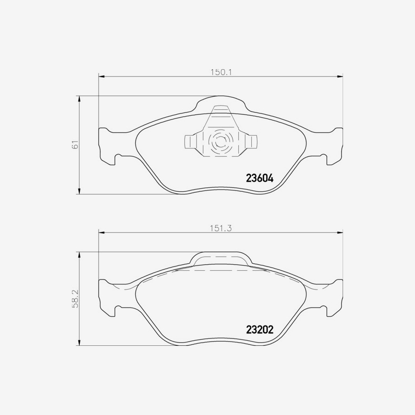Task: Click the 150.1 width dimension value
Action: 220,72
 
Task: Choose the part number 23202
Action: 260,330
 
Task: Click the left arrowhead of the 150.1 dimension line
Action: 101,77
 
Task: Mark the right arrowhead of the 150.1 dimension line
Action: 340,77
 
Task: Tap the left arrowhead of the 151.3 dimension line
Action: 101,233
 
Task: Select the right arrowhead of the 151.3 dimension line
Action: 340,233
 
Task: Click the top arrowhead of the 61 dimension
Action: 80,99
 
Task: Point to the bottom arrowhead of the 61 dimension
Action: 80,191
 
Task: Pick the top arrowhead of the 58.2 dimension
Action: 80,255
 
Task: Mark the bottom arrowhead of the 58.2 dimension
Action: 80,343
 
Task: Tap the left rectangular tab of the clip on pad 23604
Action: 190,142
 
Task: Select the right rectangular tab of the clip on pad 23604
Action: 251,142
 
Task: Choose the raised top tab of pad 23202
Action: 221,259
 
